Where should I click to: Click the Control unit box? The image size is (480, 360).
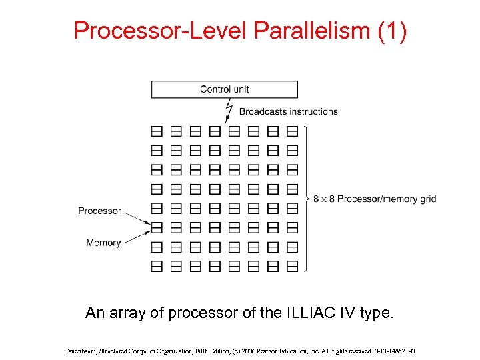(224, 89)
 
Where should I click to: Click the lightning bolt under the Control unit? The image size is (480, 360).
(229, 109)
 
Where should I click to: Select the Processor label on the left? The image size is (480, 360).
(99, 211)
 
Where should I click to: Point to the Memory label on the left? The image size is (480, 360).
(103, 243)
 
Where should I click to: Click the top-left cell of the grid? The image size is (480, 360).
(157, 131)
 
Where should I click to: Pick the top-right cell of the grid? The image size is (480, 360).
(292, 131)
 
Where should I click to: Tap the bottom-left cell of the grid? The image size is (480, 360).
(157, 266)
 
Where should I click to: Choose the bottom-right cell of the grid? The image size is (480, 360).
(292, 266)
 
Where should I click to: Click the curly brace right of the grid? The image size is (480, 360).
(307, 199)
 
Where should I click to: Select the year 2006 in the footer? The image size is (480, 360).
(262, 350)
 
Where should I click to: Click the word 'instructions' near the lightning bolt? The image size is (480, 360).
(313, 111)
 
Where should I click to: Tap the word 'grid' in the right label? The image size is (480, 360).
(428, 199)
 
